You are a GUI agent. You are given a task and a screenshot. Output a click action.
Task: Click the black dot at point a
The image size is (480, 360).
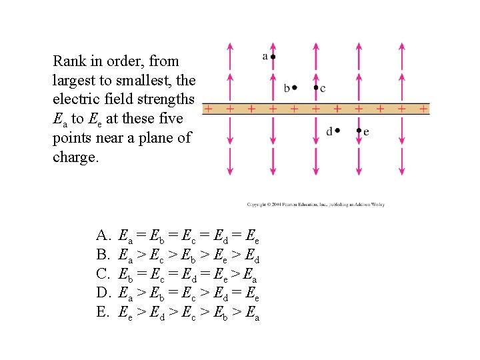(273, 57)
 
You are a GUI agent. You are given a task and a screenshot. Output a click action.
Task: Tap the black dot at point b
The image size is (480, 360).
(295, 87)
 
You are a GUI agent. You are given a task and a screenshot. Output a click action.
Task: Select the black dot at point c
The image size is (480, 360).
(316, 87)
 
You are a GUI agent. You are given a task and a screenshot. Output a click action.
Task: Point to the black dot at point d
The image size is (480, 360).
(337, 131)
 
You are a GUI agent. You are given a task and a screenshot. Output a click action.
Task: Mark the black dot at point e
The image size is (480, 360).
(359, 131)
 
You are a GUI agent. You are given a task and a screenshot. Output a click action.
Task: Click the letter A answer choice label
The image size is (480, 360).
(103, 235)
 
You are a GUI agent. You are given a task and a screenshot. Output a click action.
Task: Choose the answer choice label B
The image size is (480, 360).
(102, 254)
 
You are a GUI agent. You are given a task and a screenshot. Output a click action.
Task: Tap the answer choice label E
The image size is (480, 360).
(102, 311)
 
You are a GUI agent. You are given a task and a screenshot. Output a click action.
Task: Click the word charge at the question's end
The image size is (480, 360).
(73, 158)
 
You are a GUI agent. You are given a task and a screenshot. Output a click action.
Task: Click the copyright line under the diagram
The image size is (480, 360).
(315, 205)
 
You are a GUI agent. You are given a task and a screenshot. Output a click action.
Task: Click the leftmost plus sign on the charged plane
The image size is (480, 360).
(208, 108)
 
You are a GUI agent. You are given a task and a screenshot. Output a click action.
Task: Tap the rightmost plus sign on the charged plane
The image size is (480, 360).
(423, 108)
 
